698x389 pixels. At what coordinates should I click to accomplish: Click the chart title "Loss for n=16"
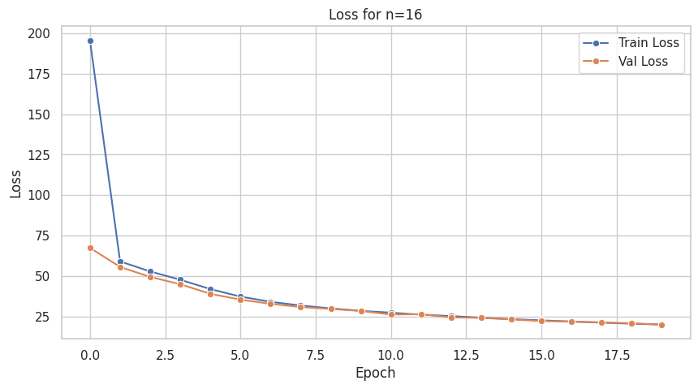(x=375, y=15)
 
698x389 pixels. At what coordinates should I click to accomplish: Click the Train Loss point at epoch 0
(x=90, y=41)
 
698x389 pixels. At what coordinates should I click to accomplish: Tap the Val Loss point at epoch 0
(x=90, y=248)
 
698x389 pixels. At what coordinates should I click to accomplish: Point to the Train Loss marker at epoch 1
(x=120, y=261)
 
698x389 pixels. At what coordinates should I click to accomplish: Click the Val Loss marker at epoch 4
(x=210, y=294)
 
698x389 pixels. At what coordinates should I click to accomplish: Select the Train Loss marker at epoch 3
(x=180, y=279)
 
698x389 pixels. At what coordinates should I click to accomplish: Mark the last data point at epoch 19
(x=661, y=325)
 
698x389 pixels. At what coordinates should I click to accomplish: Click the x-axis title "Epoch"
(x=375, y=374)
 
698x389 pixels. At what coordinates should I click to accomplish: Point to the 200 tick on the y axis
(x=39, y=33)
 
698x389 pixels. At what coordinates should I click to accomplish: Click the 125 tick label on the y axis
(x=39, y=155)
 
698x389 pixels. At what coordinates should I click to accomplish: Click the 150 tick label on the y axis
(x=39, y=115)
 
